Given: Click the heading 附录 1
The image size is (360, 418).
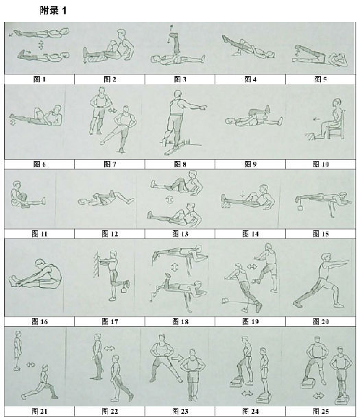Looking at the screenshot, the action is (53, 10).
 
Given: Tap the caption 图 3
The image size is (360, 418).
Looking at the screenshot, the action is (180, 79).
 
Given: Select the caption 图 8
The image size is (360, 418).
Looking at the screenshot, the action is (180, 164).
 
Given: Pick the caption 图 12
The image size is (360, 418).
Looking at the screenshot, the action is (110, 234).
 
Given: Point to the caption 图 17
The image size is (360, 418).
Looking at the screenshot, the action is (110, 321).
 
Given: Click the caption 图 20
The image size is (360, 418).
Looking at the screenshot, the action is (320, 321).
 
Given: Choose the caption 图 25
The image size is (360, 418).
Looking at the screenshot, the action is (320, 411).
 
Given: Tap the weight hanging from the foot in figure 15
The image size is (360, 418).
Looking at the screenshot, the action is (300, 206).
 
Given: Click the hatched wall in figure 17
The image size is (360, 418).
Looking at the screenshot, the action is (97, 264).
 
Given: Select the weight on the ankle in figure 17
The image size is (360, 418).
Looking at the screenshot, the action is (125, 289).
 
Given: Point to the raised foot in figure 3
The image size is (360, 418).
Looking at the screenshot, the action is (174, 35).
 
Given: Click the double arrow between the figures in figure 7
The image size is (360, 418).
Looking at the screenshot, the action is (112, 110).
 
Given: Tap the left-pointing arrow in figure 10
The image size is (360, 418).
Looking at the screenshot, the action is (317, 119).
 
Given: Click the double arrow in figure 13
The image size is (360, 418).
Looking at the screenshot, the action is (170, 199).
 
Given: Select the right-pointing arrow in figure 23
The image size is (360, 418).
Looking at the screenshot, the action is (177, 358).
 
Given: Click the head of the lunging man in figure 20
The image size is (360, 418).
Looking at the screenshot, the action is (326, 258).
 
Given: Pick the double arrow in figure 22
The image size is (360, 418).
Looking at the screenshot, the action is (109, 348).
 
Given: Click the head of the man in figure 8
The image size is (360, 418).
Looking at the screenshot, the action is (177, 94).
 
